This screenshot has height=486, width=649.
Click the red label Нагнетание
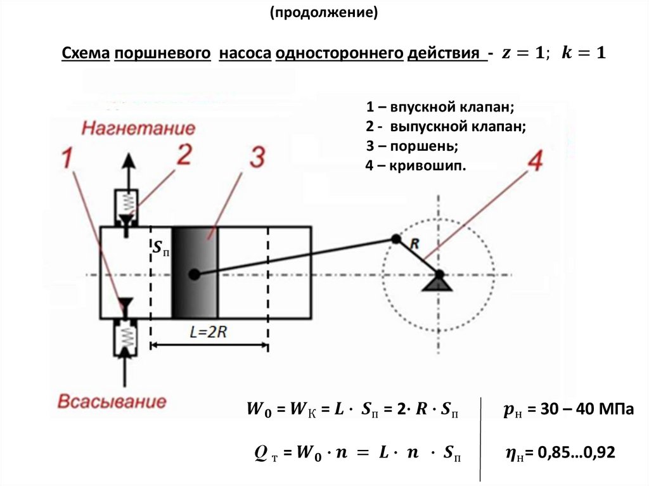[138, 129]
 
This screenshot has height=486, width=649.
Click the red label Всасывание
[112, 401]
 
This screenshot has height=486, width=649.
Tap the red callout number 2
[183, 155]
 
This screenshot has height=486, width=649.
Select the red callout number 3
[256, 158]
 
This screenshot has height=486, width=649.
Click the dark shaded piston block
[195, 272]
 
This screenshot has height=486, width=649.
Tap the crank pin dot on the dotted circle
[395, 239]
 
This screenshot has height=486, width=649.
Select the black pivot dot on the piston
[194, 274]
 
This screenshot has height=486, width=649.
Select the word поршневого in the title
[162, 54]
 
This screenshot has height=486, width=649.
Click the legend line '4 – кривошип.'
[415, 167]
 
